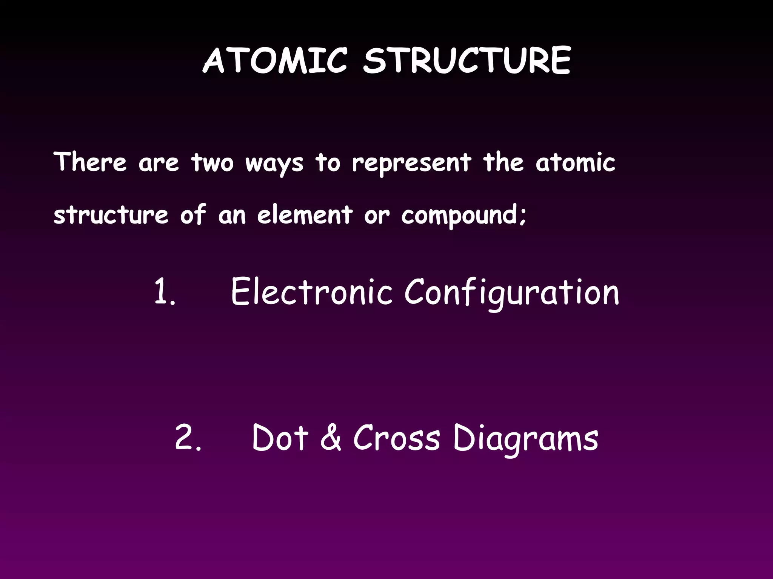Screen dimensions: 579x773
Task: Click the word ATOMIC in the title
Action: [x=275, y=60]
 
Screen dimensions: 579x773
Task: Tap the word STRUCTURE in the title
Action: [x=467, y=60]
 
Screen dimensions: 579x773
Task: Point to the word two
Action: [x=212, y=163]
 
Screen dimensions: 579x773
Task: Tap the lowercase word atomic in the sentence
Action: [x=575, y=162]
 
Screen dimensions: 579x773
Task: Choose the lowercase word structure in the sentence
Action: [x=111, y=214]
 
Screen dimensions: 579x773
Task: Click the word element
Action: [x=305, y=214]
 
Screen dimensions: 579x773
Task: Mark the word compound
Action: [x=460, y=216]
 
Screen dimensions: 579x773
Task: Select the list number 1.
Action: [x=165, y=292]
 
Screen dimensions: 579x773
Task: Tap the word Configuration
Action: [x=512, y=293]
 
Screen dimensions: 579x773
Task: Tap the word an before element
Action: [x=232, y=216]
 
